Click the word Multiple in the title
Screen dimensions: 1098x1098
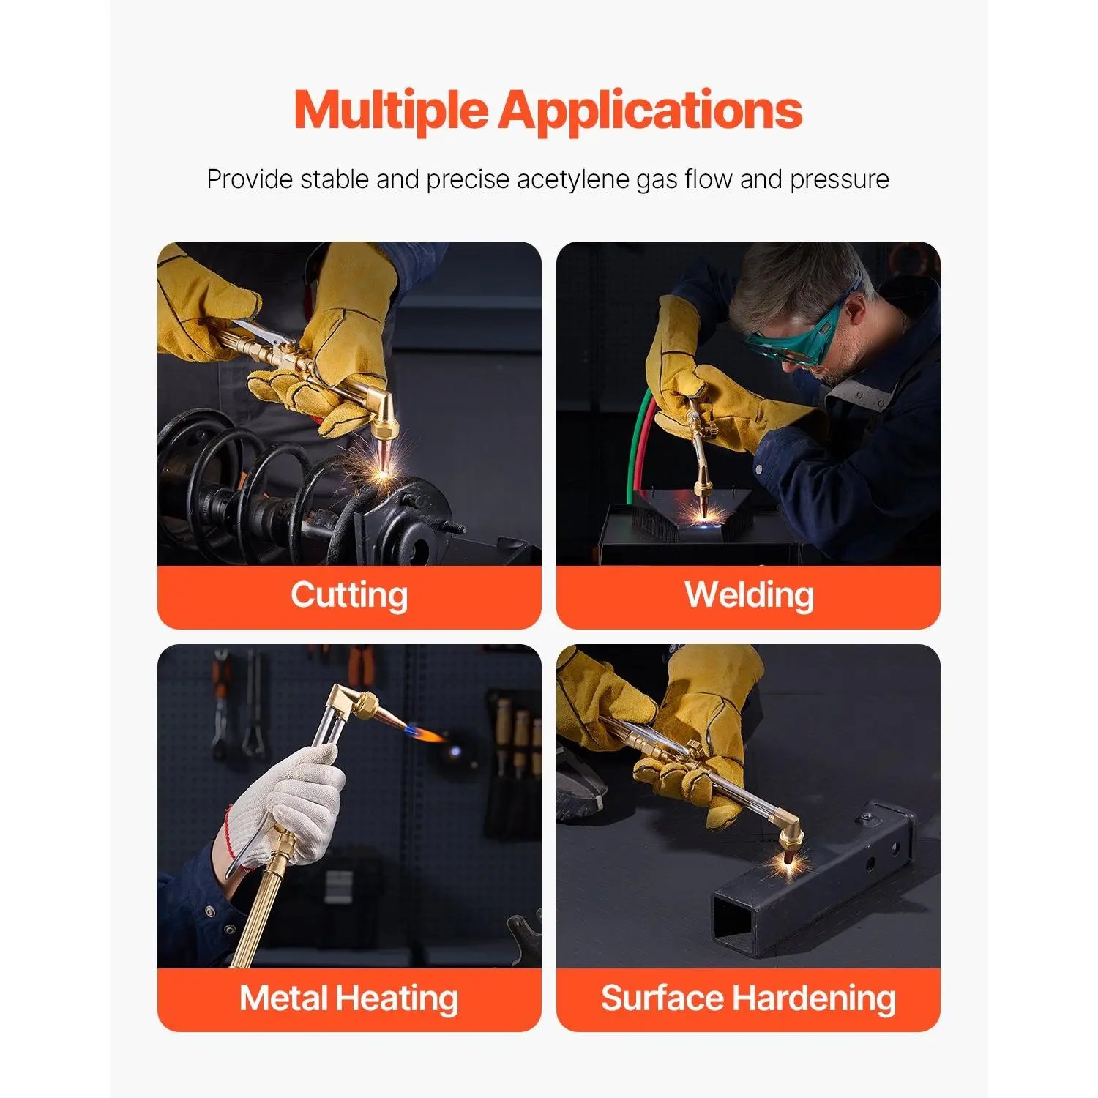(391, 111)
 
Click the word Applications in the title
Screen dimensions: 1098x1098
(651, 111)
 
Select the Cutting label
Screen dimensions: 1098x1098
(349, 594)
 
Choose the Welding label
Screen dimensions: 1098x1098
(749, 594)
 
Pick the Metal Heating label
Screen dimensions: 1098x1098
(349, 998)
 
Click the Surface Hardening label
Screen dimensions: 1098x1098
(748, 998)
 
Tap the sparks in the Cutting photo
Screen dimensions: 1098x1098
(381, 468)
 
